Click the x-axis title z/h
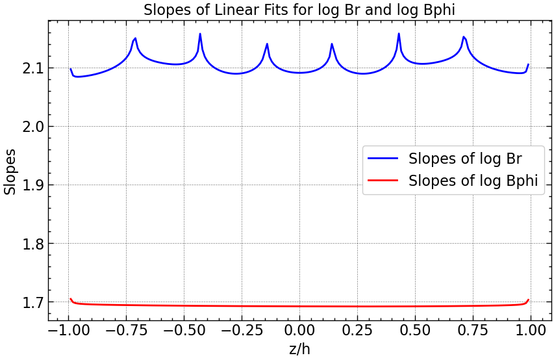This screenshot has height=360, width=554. click(x=299, y=350)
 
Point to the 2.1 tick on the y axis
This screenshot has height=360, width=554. click(x=27, y=68)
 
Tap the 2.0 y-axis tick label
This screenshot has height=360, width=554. click(x=27, y=127)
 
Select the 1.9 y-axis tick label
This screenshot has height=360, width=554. click(x=27, y=185)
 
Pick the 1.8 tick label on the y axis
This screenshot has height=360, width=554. click(x=27, y=244)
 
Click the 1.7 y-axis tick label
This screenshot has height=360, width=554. click(x=27, y=302)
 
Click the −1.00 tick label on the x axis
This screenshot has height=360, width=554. click(x=65, y=330)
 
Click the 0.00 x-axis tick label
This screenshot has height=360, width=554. click(x=299, y=330)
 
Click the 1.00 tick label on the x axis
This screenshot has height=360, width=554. click(x=531, y=330)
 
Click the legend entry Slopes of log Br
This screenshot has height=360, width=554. click(x=465, y=159)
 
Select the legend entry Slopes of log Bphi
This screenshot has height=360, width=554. click(x=473, y=181)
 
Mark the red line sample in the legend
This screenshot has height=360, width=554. click(x=384, y=181)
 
